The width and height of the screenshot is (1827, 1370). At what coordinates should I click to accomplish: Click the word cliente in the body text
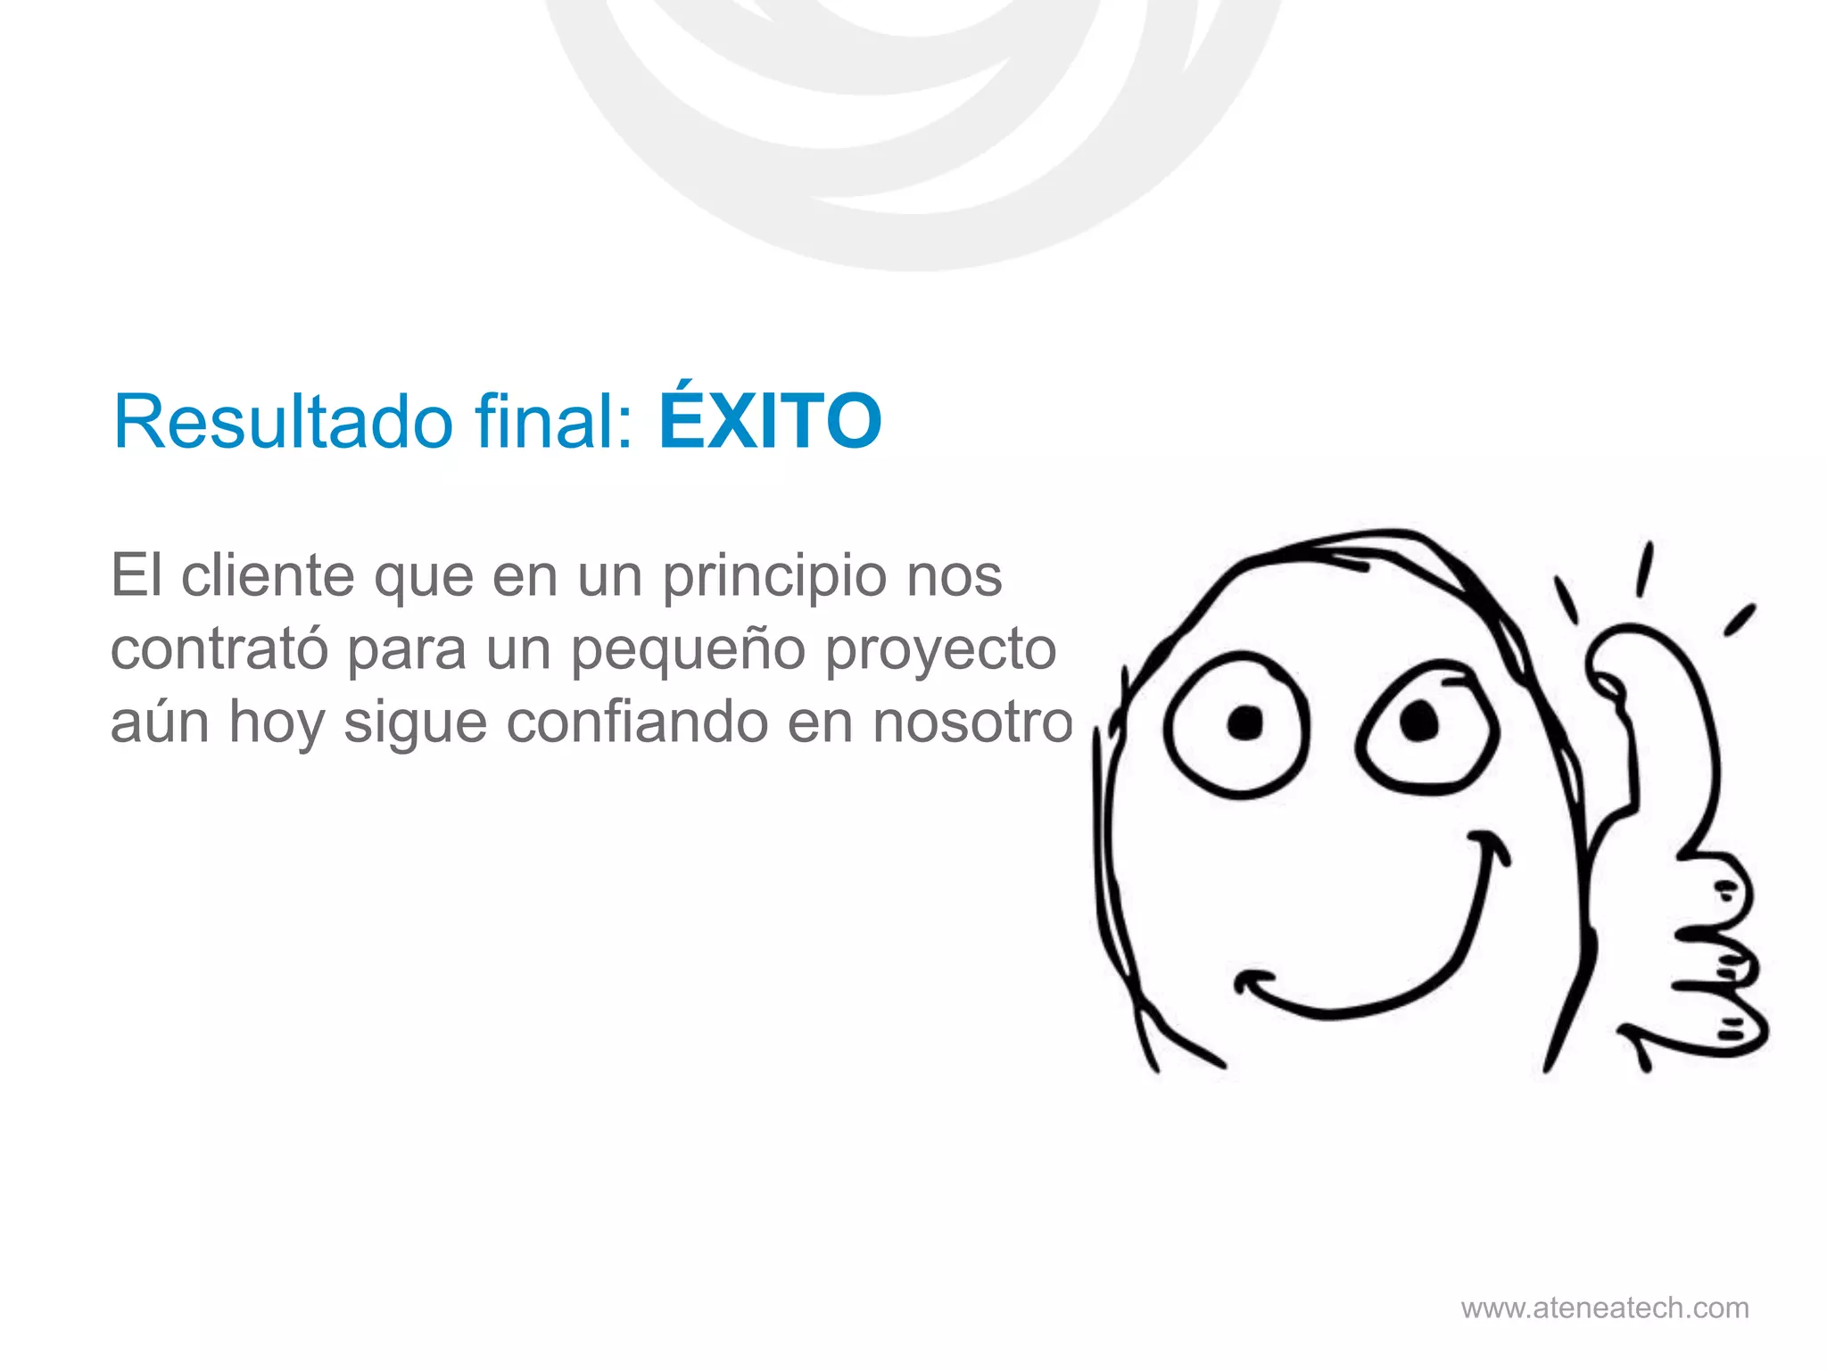(268, 575)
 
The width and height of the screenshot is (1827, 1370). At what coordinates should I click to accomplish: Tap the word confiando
(637, 722)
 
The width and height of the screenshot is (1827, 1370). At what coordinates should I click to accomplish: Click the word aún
(160, 722)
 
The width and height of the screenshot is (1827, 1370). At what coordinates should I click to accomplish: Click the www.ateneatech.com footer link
(1605, 1308)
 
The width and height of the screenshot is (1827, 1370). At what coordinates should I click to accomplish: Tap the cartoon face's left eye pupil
(1244, 722)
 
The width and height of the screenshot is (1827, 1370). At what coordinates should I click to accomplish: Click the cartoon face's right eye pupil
(1418, 721)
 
